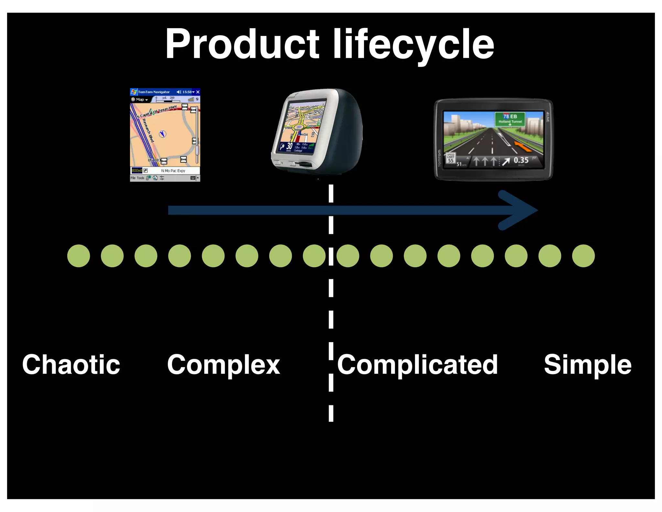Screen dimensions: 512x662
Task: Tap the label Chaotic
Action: click(x=71, y=365)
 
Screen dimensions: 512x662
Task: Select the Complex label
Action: click(x=223, y=365)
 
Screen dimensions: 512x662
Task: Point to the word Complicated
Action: click(x=417, y=365)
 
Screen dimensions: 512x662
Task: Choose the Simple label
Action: click(x=587, y=365)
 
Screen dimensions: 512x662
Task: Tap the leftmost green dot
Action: click(x=79, y=256)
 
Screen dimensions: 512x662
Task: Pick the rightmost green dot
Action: click(x=583, y=256)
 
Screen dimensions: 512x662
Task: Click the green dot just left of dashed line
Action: click(x=314, y=256)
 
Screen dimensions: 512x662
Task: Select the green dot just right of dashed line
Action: click(x=348, y=256)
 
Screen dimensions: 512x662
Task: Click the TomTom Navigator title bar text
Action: click(x=154, y=92)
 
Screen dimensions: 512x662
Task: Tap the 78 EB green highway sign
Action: click(x=510, y=119)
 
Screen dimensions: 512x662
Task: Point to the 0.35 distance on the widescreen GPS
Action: click(x=521, y=160)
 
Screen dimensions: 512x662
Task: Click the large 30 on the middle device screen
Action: click(x=289, y=146)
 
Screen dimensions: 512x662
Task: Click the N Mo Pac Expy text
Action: click(x=173, y=171)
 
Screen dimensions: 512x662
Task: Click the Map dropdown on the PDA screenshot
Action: click(x=140, y=99)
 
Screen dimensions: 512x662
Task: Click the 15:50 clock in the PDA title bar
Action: click(x=187, y=92)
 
